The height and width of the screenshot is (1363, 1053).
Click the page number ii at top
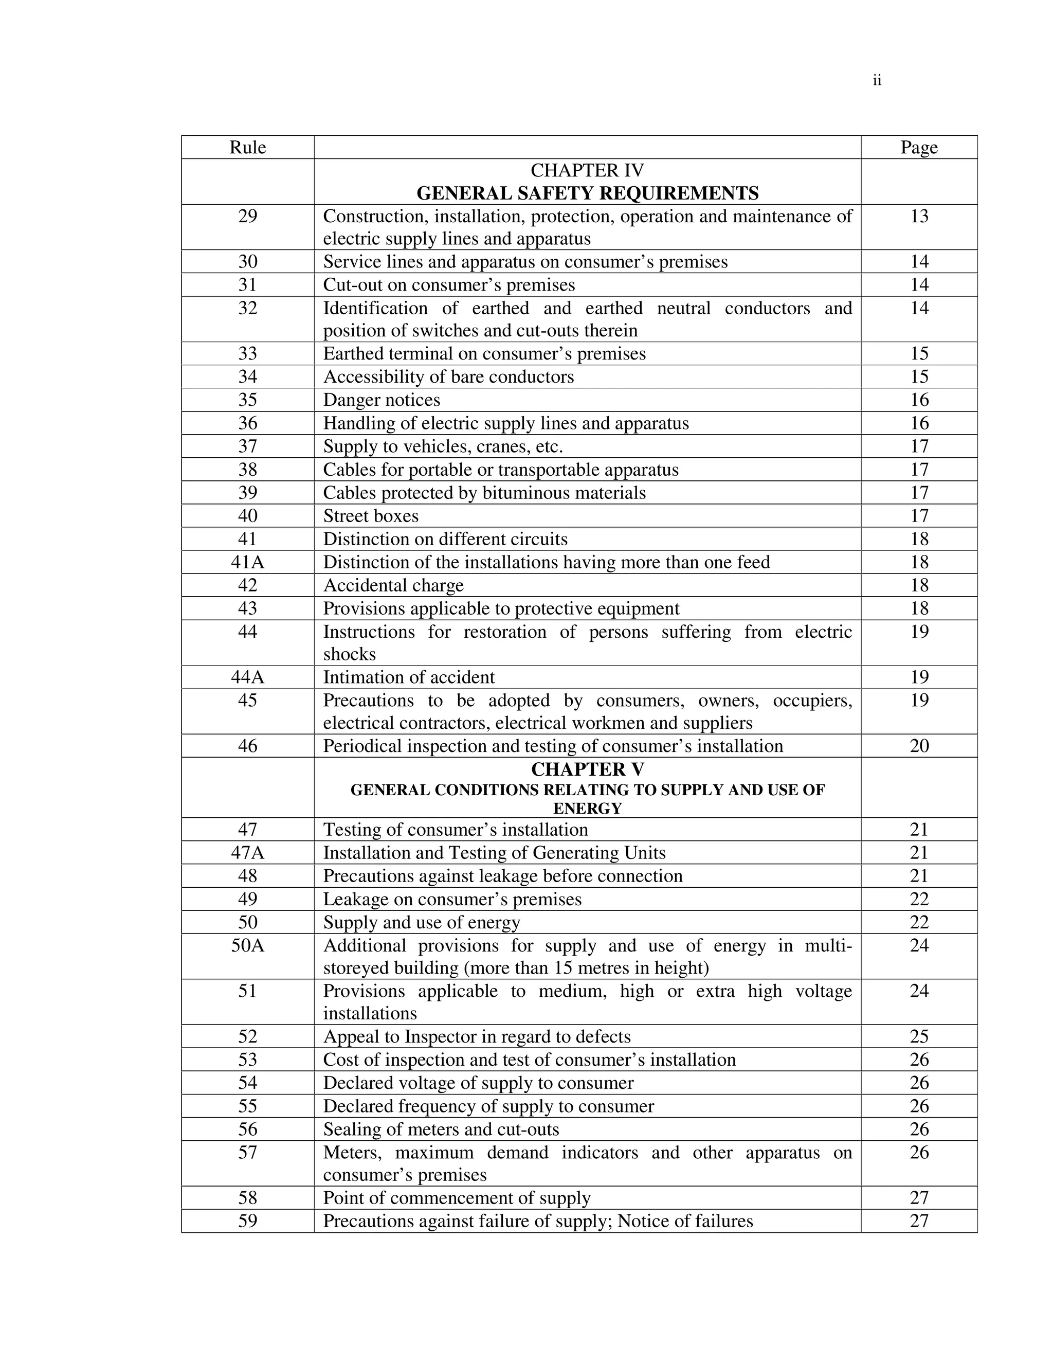877,81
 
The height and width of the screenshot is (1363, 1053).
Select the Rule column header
248,147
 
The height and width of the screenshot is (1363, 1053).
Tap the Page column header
919,147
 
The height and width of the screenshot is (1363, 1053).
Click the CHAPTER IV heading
587,170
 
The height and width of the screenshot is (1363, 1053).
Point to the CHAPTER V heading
587,769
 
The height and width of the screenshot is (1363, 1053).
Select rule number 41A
248,562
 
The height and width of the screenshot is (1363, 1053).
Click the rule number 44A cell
248,677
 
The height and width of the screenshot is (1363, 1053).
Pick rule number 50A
248,945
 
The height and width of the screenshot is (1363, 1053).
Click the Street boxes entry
371,516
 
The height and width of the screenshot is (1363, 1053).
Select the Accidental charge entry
393,585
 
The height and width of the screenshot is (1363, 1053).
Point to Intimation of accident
409,677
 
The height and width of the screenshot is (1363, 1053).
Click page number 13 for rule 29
919,217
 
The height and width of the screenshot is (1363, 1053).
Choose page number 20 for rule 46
919,746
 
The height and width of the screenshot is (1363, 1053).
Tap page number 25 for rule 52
919,1036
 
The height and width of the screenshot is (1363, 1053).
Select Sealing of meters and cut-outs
441,1129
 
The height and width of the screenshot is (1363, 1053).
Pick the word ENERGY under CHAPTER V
587,809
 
